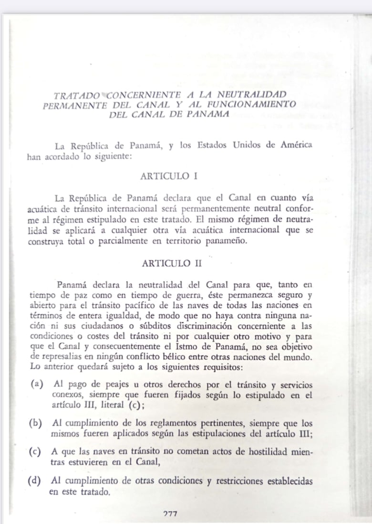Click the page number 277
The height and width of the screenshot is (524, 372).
[170, 514]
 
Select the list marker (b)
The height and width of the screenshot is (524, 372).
[35, 424]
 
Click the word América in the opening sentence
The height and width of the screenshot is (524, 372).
[295, 145]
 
